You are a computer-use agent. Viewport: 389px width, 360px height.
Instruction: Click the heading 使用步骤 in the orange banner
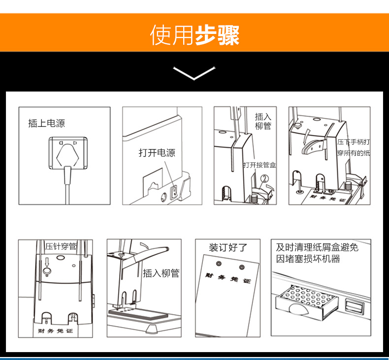[195, 35]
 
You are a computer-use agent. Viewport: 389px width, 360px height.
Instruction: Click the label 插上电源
[46, 123]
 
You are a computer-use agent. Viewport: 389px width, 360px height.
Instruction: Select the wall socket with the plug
[68, 153]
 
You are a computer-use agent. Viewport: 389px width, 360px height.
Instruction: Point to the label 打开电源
[157, 152]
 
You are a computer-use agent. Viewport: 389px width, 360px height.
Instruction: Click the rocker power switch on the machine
[174, 192]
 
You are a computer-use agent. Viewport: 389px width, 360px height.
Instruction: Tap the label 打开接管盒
[259, 165]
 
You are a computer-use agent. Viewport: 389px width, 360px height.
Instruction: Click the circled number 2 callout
[265, 178]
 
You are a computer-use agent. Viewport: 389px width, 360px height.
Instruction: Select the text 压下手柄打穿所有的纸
[353, 148]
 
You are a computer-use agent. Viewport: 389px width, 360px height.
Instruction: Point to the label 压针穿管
[61, 246]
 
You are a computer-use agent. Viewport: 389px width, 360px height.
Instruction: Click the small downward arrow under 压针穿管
[47, 262]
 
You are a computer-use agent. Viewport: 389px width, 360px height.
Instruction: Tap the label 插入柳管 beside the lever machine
[161, 273]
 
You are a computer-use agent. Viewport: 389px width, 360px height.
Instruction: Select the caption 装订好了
[228, 247]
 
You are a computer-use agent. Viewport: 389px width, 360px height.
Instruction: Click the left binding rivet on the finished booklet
[219, 264]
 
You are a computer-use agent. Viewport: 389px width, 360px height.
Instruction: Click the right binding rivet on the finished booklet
[242, 267]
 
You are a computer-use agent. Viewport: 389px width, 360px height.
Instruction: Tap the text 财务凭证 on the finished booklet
[228, 278]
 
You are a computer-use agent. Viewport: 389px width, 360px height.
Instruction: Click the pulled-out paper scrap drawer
[307, 302]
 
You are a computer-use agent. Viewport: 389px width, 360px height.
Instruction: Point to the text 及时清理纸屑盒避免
[317, 247]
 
